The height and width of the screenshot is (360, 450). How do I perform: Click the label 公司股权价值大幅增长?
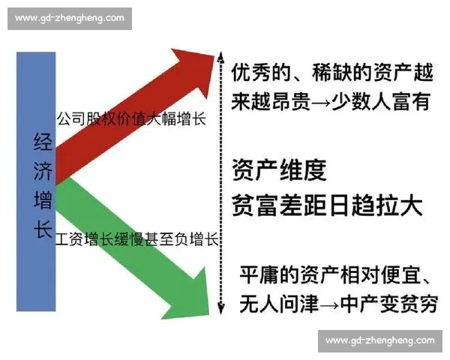tap(131, 118)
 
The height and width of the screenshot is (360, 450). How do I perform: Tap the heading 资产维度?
tap(279, 171)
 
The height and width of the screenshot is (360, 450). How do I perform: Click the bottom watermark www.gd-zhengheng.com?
tap(379, 340)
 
